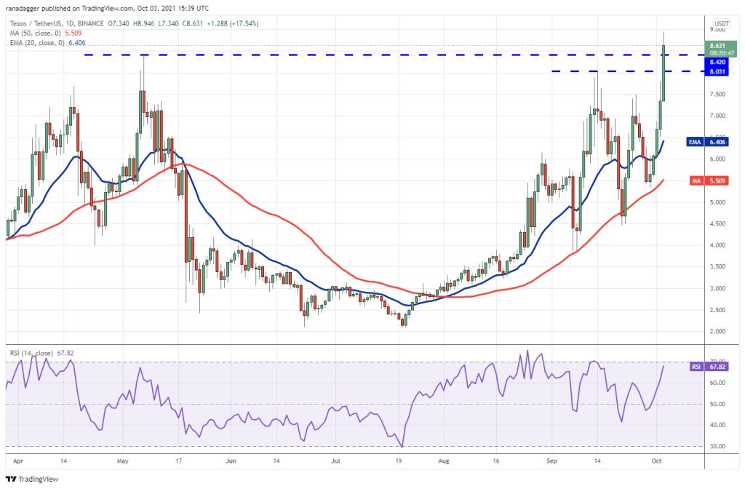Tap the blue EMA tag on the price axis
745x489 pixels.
coord(696,143)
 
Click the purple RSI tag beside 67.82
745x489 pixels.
coord(696,367)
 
